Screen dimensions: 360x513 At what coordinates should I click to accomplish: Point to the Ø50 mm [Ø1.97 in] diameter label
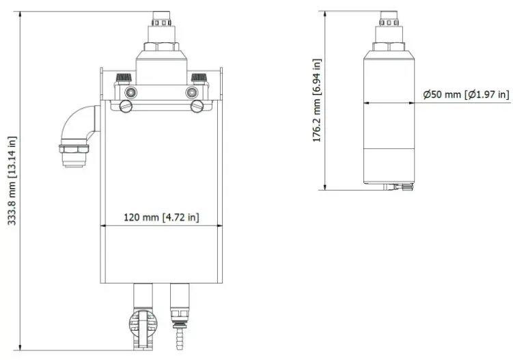pyautogui.click(x=465, y=94)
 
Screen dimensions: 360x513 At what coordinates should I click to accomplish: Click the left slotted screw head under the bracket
pyautogui.click(x=125, y=106)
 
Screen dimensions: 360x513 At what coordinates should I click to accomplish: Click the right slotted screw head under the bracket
pyautogui.click(x=198, y=106)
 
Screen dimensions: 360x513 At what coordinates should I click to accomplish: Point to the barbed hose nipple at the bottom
pyautogui.click(x=180, y=339)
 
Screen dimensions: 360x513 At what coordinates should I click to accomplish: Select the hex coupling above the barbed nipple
pyautogui.click(x=179, y=316)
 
